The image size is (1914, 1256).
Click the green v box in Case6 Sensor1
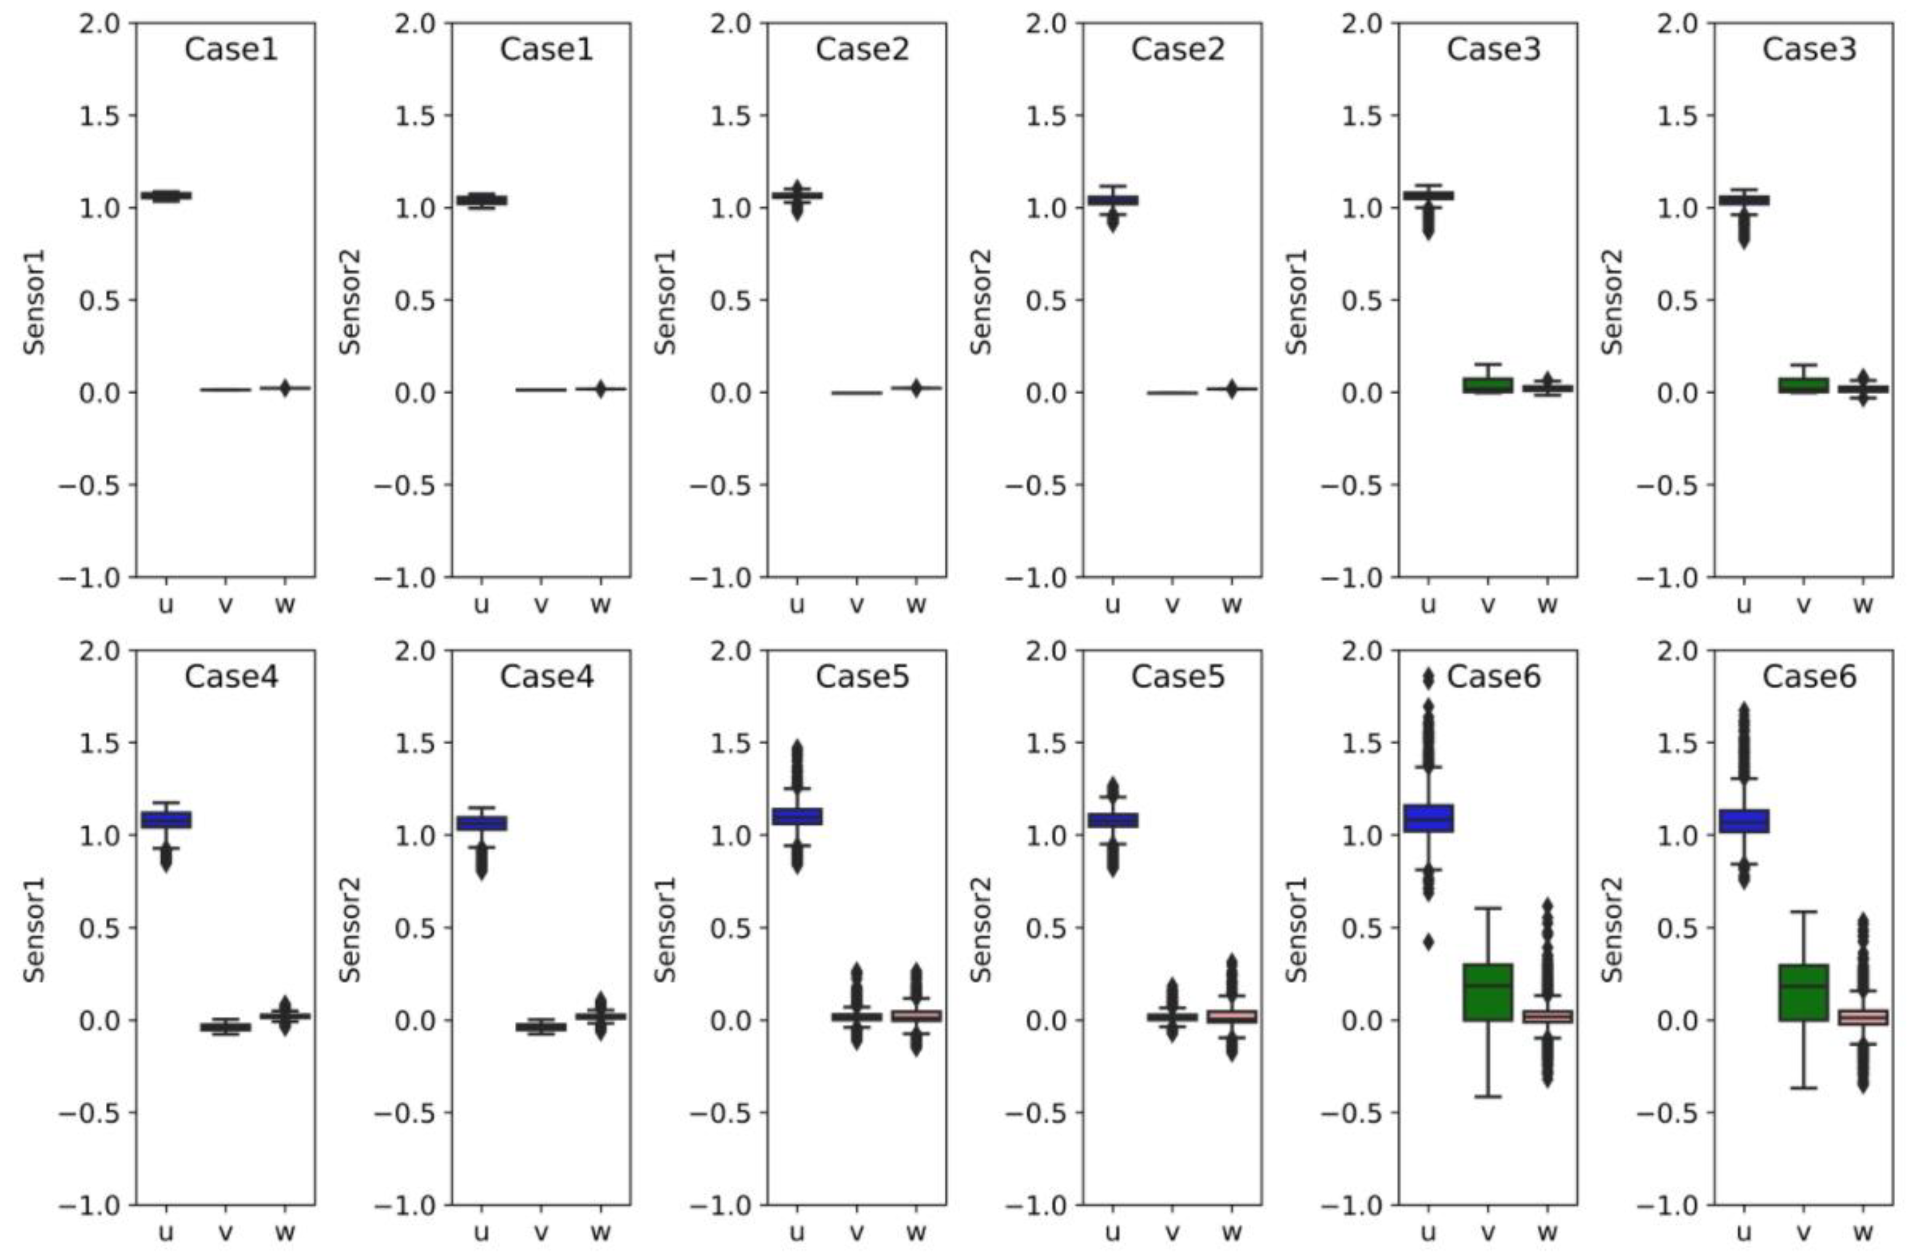pos(1488,992)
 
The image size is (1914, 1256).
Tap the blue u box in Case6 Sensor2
pos(1744,821)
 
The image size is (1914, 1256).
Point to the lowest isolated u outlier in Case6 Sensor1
pos(1428,942)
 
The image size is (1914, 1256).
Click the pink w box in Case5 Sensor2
pos(1231,1017)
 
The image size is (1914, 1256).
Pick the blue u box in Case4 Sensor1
pos(166,819)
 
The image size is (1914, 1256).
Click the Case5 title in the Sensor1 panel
pos(862,677)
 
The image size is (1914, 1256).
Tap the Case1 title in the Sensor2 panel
pos(546,50)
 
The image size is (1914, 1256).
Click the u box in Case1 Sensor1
pos(166,195)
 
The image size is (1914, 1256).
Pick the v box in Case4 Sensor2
pos(541,1027)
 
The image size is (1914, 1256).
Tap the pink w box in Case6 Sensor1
pos(1547,1017)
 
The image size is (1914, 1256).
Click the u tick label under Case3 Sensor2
pos(1744,605)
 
